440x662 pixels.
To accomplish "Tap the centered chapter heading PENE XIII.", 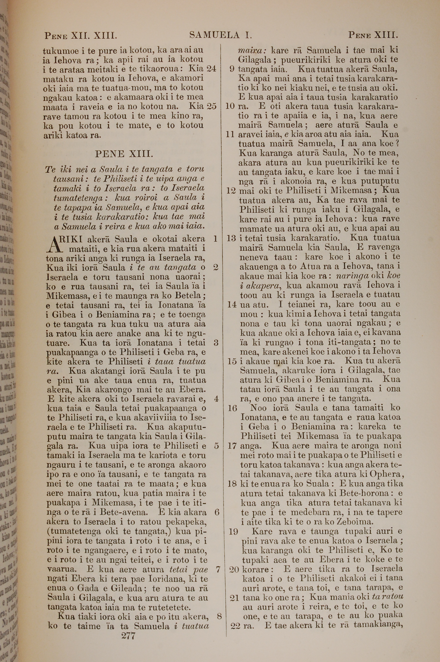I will coord(124,154).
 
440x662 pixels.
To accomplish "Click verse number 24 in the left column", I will coord(211,69).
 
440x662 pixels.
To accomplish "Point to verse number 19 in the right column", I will coord(233,531).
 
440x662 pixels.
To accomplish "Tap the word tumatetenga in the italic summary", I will coord(79,198).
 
